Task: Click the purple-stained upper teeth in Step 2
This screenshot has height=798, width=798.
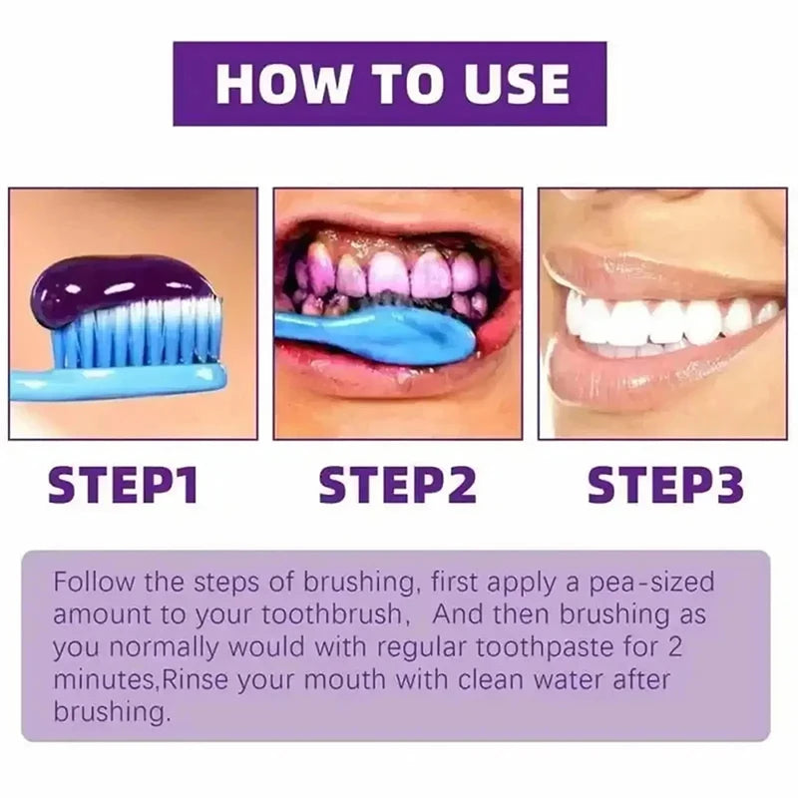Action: [x=389, y=273]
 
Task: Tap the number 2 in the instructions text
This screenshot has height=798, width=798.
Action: [x=675, y=645]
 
